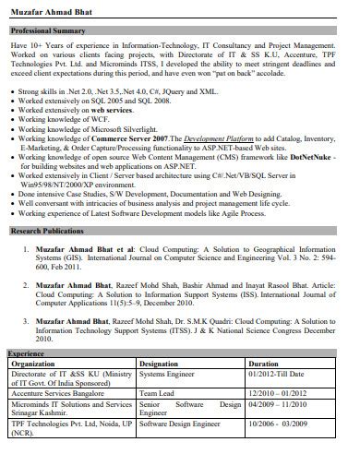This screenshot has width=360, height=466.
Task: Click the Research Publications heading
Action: (45, 229)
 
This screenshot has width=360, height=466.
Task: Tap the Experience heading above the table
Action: (26, 353)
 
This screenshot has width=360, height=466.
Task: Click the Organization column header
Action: (31, 364)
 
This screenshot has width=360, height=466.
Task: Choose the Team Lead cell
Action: (156, 392)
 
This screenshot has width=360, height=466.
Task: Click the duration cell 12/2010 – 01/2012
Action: (280, 392)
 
